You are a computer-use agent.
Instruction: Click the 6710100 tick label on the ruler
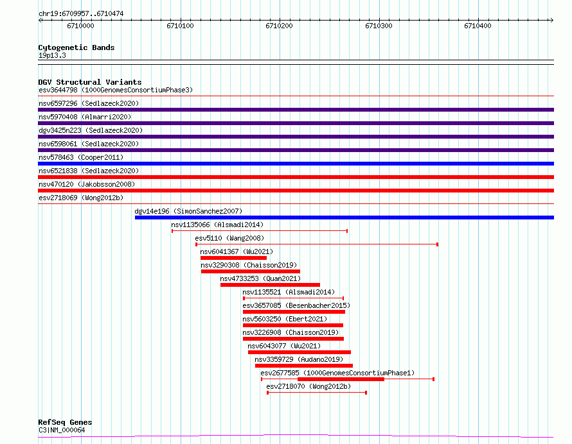(180, 26)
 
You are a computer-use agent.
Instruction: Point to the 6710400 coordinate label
(478, 26)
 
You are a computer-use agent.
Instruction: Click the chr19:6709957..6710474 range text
(81, 14)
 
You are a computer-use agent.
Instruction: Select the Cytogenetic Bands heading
(76, 47)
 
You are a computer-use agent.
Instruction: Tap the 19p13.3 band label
(52, 55)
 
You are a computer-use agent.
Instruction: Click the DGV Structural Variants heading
(90, 82)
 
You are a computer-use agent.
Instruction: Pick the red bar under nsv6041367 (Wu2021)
(233, 258)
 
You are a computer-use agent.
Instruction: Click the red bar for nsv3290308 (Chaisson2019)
(250, 271)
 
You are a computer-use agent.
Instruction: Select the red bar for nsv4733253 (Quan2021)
(270, 285)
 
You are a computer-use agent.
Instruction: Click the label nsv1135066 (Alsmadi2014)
(217, 225)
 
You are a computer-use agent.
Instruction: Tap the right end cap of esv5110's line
(438, 244)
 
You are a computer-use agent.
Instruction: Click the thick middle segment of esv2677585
(341, 379)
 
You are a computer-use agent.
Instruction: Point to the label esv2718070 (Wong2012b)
(308, 386)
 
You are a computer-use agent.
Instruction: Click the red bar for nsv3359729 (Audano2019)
(304, 366)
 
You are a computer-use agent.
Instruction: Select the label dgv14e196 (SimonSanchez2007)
(188, 211)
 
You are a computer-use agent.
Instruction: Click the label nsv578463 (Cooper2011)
(81, 157)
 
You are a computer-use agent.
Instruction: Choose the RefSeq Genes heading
(65, 422)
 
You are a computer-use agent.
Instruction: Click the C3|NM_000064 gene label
(62, 430)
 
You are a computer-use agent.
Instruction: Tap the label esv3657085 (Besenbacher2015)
(296, 305)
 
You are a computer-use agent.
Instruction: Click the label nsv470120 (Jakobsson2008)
(87, 184)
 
